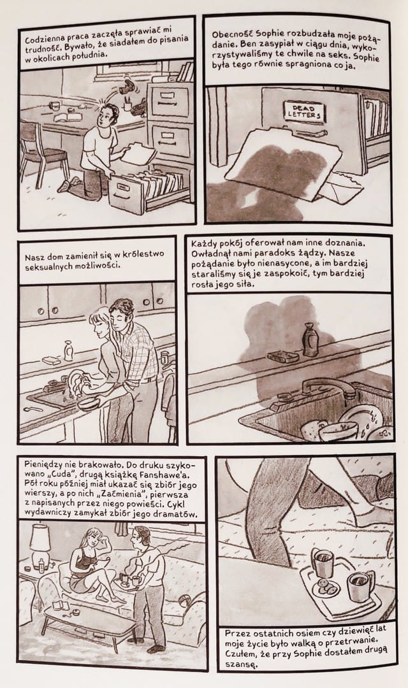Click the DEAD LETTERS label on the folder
304,111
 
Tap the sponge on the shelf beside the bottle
283,356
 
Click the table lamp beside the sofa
41,545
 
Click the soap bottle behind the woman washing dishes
68,350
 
